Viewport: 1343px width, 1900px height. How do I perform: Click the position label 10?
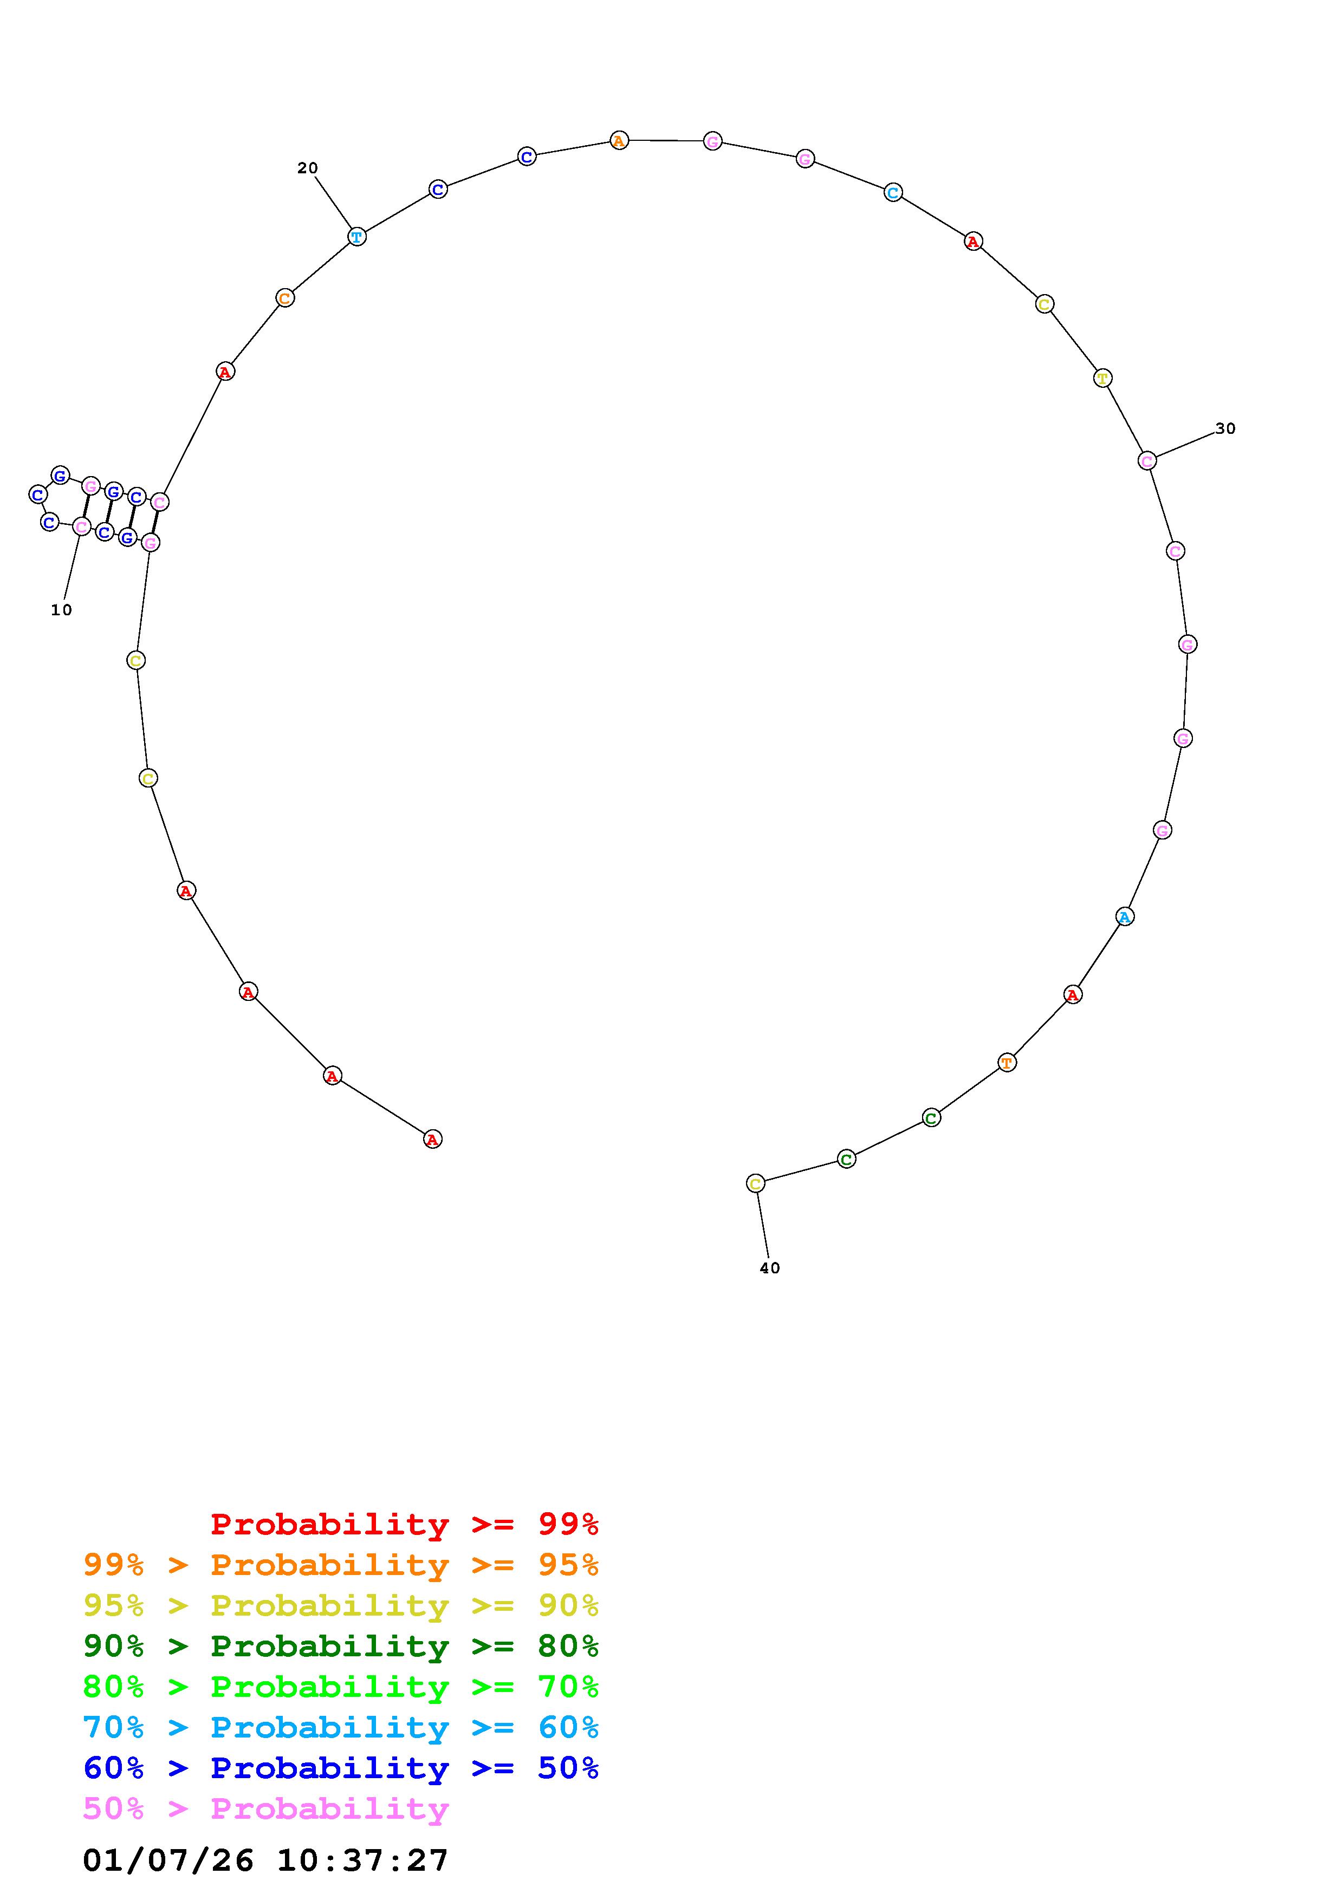(61, 610)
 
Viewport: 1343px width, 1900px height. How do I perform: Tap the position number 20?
(307, 168)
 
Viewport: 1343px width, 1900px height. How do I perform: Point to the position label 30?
(1225, 428)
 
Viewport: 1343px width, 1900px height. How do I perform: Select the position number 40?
(769, 1268)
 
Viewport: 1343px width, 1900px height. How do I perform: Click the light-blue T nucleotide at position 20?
(356, 237)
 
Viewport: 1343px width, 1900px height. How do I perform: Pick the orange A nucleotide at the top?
(619, 141)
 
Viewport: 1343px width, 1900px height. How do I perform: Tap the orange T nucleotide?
(1006, 1063)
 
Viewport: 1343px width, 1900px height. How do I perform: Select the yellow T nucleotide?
(1102, 378)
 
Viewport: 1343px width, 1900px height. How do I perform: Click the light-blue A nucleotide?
(1124, 917)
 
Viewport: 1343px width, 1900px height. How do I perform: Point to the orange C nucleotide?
(284, 298)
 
